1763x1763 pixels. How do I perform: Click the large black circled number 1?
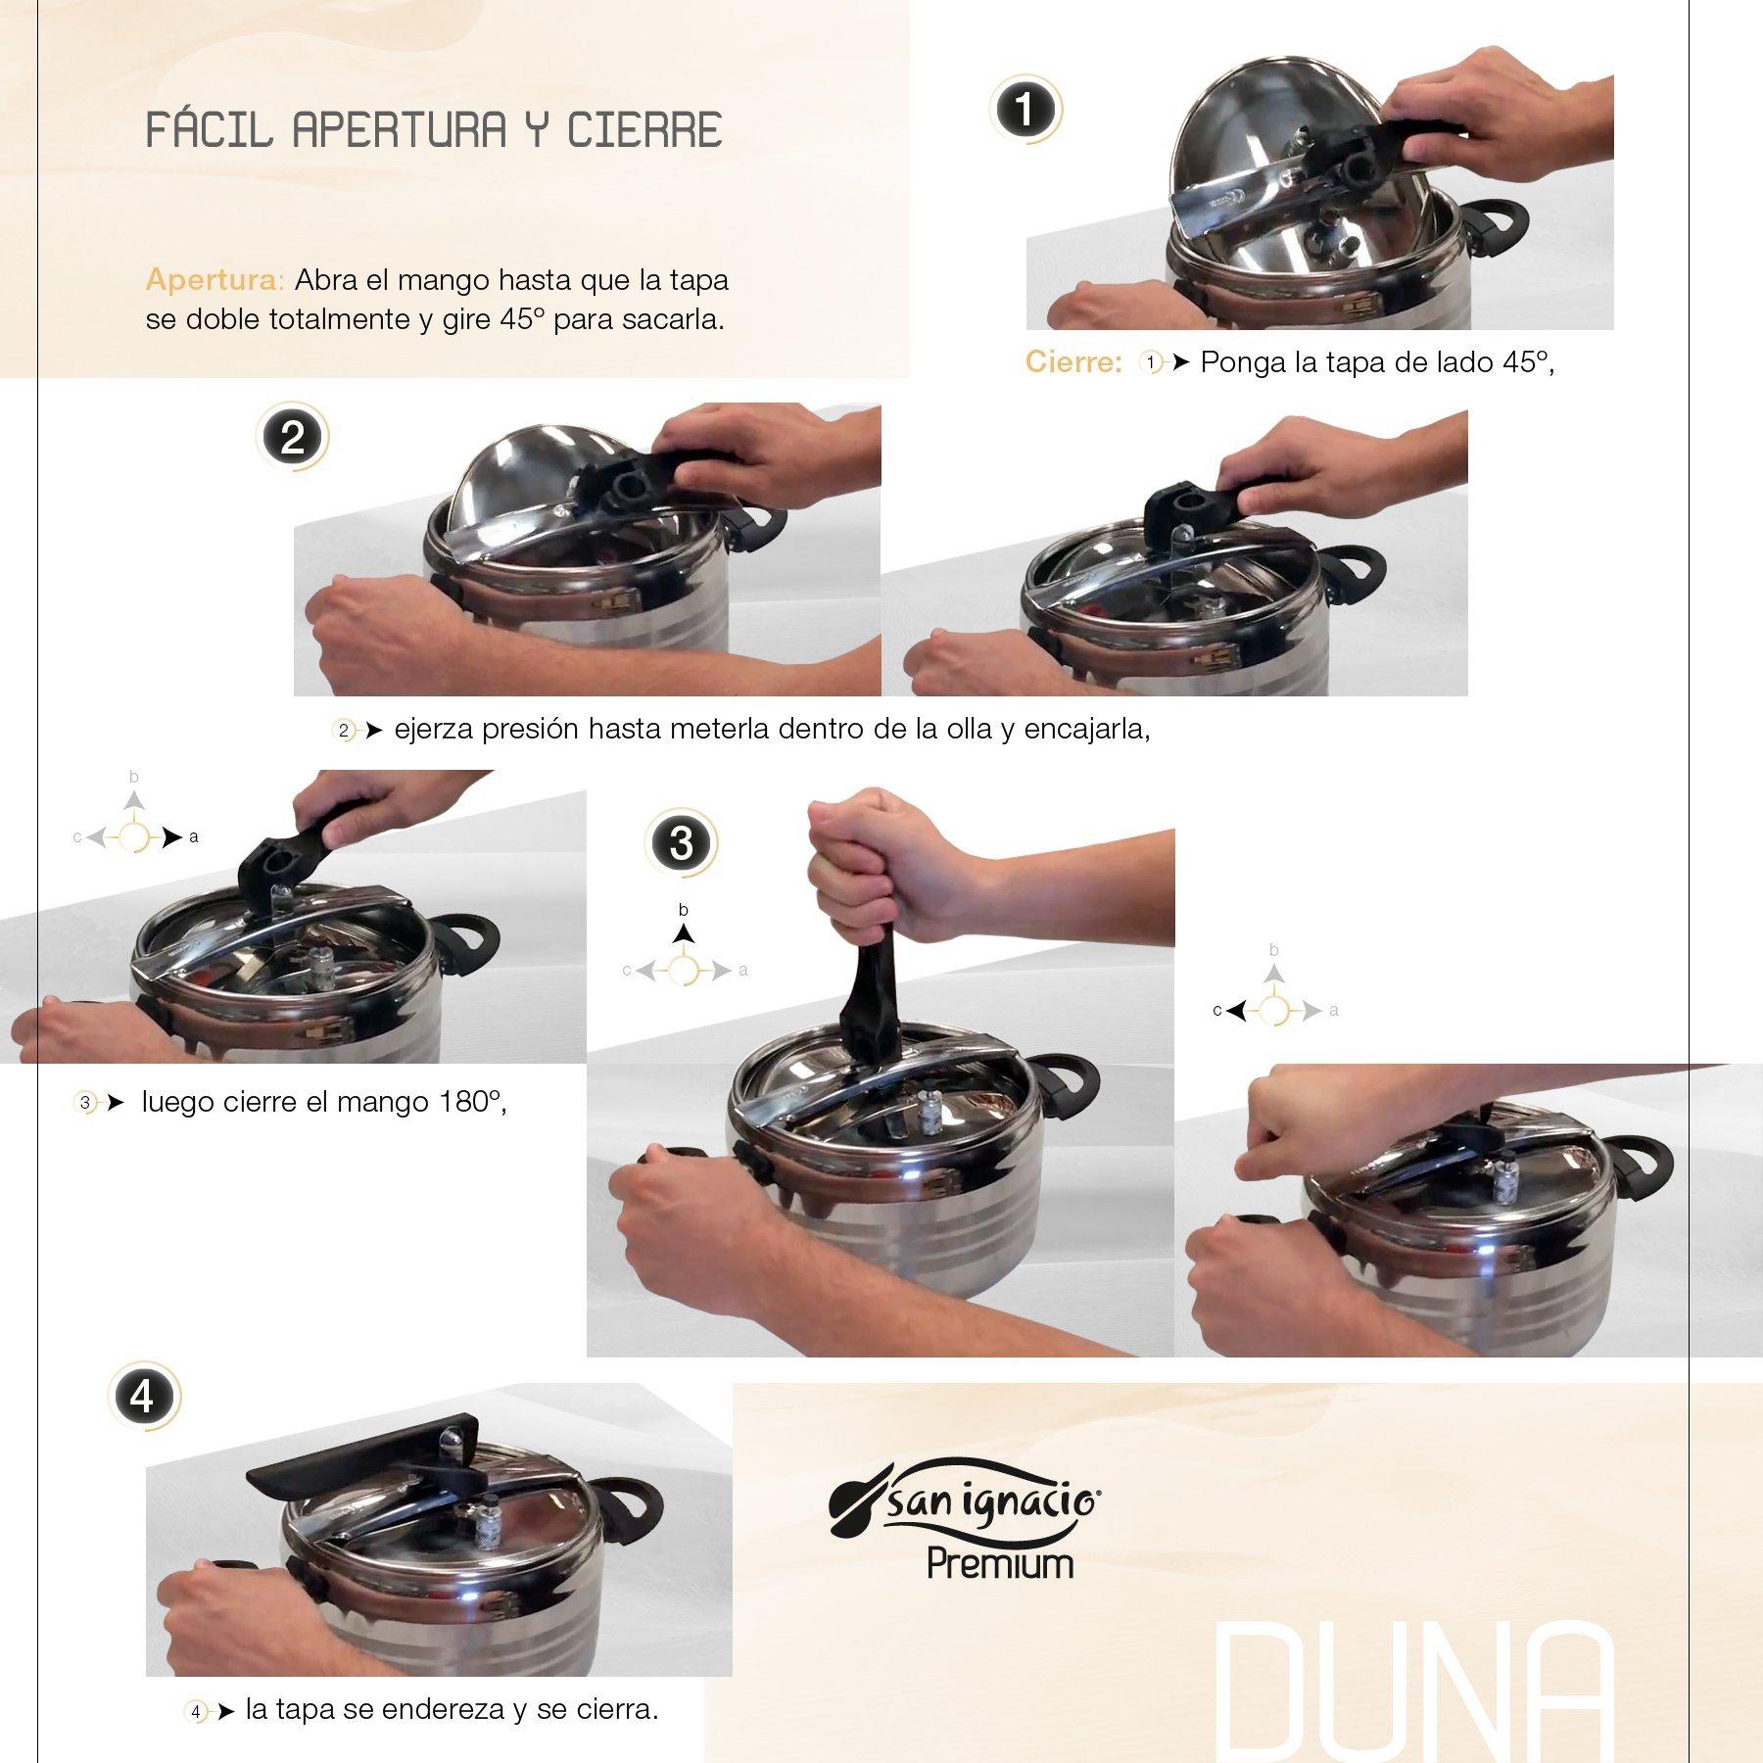pos(1024,110)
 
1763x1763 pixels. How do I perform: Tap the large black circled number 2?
pos(292,437)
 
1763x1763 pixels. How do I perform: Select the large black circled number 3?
pos(681,843)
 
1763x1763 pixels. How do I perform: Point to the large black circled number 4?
pos(143,1396)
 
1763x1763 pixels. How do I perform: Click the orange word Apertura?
pos(214,280)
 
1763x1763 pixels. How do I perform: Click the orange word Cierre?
pos(1072,362)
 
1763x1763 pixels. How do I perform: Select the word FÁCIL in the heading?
pos(208,130)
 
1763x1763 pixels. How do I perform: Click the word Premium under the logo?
pos(1000,1564)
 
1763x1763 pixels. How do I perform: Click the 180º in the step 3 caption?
pos(472,1102)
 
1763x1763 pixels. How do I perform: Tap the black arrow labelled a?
pos(172,837)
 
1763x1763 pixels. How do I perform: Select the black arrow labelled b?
pos(684,933)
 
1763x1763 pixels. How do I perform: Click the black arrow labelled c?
pos(1236,1010)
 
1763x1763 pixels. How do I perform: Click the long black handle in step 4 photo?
pos(362,1450)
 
